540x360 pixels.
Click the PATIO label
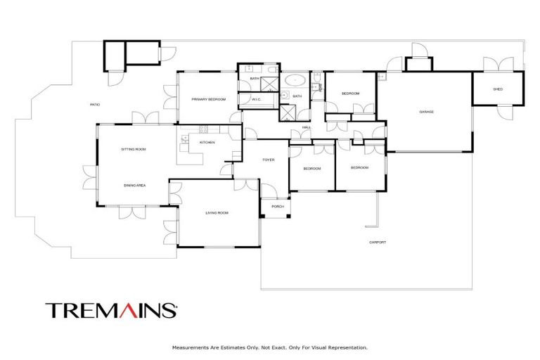coord(94,105)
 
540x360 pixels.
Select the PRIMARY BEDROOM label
coord(210,100)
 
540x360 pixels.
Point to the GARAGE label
coord(426,112)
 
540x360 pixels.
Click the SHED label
coord(498,89)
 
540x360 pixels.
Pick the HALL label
coord(307,127)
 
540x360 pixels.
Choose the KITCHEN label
coord(207,143)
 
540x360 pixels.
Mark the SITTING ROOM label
coord(134,149)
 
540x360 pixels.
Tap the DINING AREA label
coord(134,185)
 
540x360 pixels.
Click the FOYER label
coord(269,160)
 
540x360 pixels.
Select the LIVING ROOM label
coord(217,212)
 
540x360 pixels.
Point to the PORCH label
coord(277,207)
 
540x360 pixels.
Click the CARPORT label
coord(378,243)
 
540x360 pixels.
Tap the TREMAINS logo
coord(111,310)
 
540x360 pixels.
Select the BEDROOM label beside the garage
coord(351,94)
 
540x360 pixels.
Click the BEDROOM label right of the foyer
coord(312,169)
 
